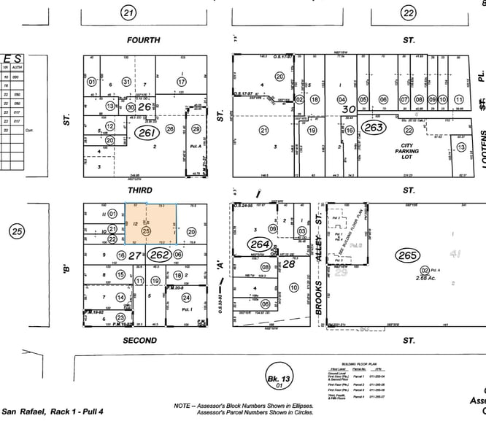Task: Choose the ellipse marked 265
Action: [406, 255]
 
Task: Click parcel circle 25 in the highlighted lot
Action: [146, 231]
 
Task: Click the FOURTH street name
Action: [143, 41]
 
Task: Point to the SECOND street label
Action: [140, 340]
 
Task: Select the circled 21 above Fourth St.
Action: [129, 12]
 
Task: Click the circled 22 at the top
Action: [409, 12]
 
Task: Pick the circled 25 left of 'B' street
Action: [17, 232]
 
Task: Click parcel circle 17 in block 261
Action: [181, 82]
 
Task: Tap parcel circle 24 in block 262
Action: [187, 298]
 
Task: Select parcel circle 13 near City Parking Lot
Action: [460, 147]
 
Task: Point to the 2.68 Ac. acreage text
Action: [425, 277]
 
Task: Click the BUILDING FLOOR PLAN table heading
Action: [362, 362]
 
